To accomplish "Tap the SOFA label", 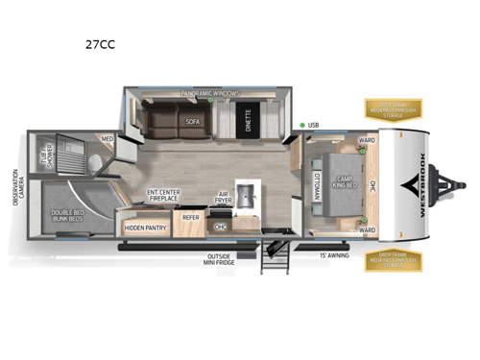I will click(x=192, y=121).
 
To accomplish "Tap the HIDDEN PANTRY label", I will click(x=146, y=228).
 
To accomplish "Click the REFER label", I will click(x=190, y=218).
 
